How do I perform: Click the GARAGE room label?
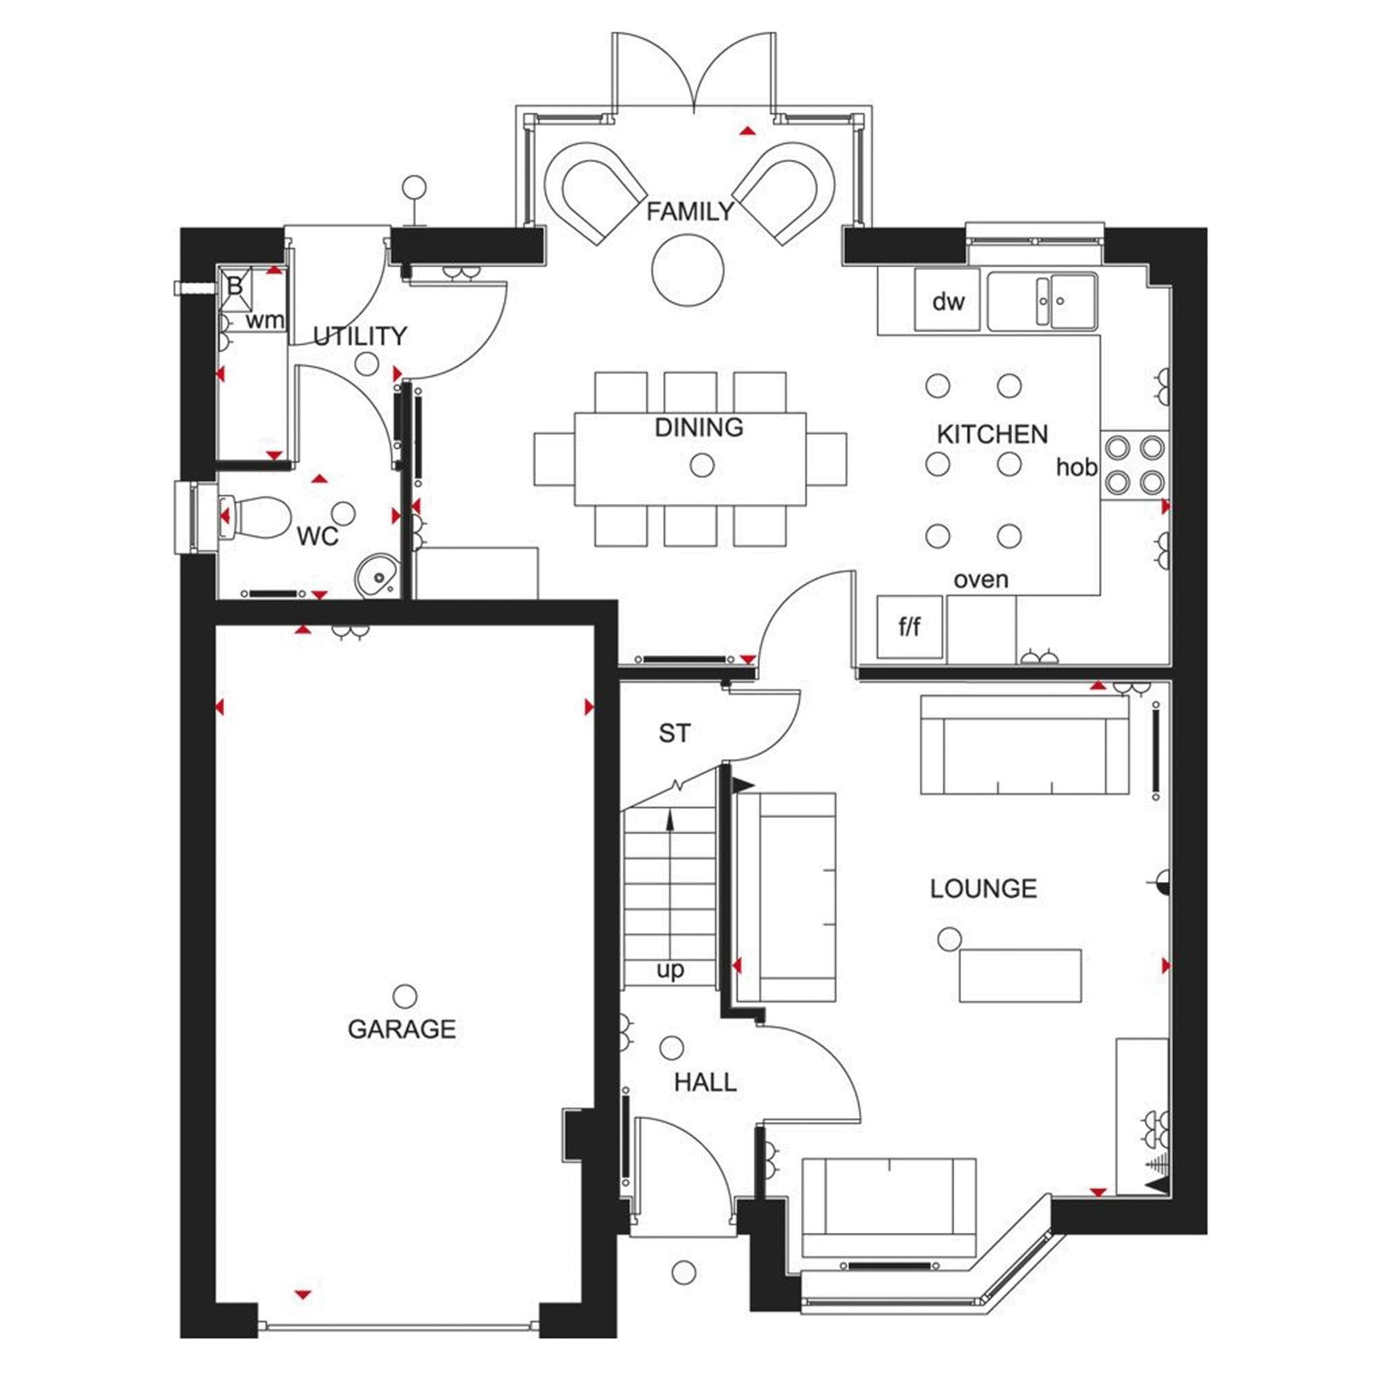pos(401,1029)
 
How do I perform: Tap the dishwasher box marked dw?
pos(947,301)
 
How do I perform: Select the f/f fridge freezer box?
pos(909,627)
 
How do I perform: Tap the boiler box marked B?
pos(235,286)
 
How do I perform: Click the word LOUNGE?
pos(983,889)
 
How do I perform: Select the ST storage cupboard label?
pos(674,733)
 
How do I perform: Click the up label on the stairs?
pos(670,970)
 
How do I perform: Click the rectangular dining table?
pos(690,459)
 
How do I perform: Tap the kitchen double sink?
pos(1041,301)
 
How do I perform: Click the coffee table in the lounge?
pos(1020,975)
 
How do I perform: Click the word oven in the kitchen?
pos(981,580)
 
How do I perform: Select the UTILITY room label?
pos(359,336)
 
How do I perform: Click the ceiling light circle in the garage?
pos(405,995)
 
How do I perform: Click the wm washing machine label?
pos(265,321)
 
